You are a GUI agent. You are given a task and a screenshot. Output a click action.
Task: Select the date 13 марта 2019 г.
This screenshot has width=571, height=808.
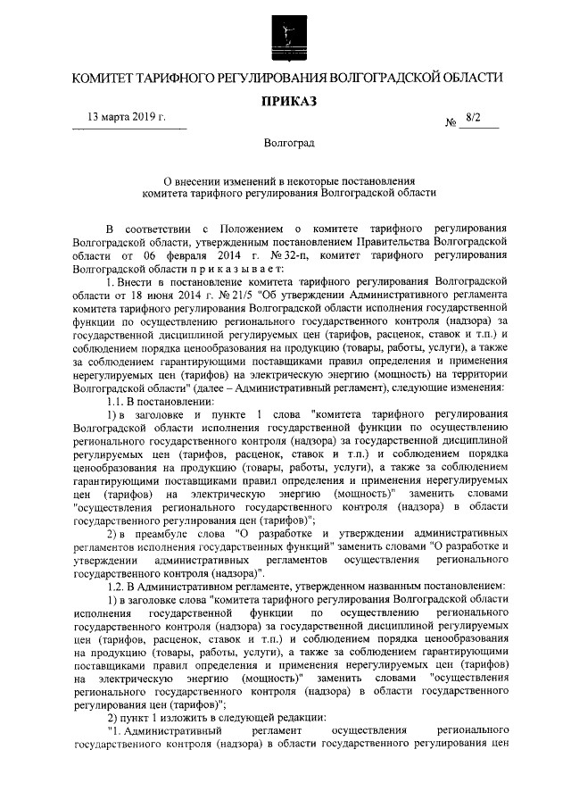click(x=126, y=117)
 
